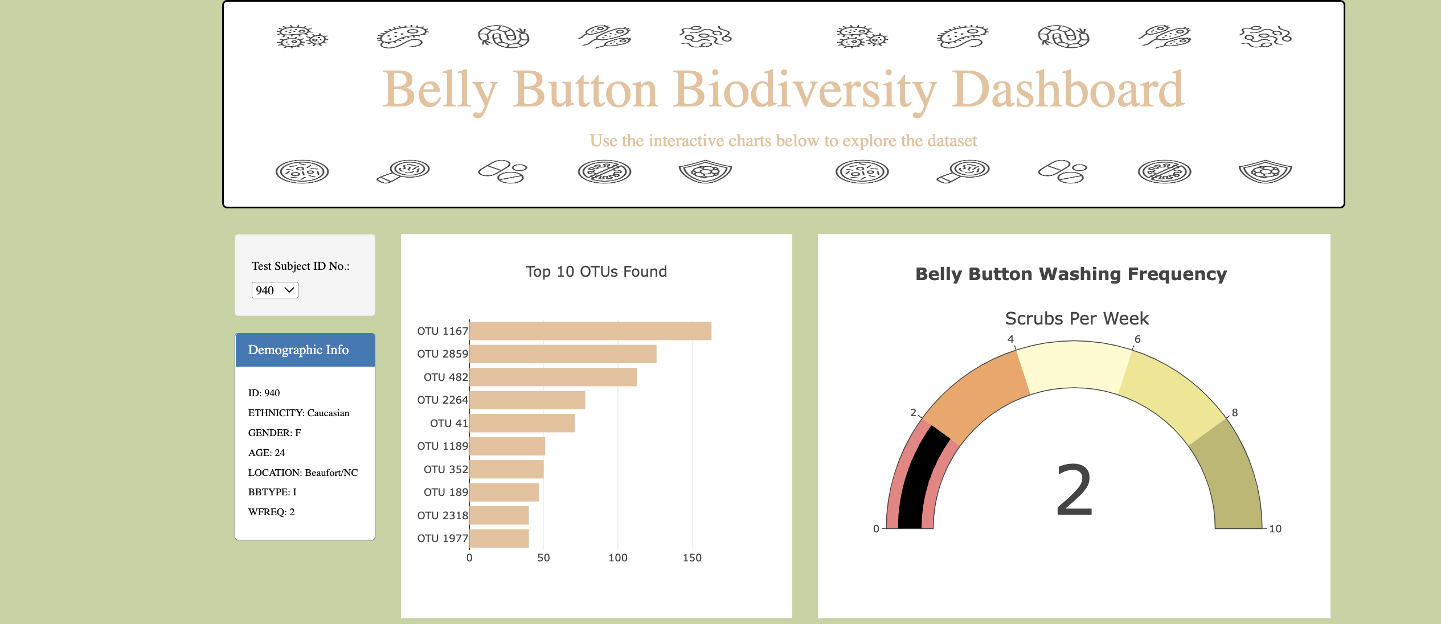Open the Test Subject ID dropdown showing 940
tap(275, 290)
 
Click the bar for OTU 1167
tap(590, 331)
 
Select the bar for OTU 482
tap(553, 377)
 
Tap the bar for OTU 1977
tap(499, 539)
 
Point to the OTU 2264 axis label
tap(442, 400)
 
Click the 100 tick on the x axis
tap(617, 558)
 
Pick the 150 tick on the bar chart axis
tap(692, 558)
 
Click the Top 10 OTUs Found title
tap(596, 272)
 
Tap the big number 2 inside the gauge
tap(1074, 490)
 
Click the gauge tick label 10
tap(1275, 529)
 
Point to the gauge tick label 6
tap(1137, 339)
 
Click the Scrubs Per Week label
tap(1076, 318)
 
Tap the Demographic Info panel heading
tap(298, 350)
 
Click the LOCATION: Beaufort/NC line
tap(303, 473)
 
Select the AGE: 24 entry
tap(267, 453)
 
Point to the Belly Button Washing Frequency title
tap(1071, 274)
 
